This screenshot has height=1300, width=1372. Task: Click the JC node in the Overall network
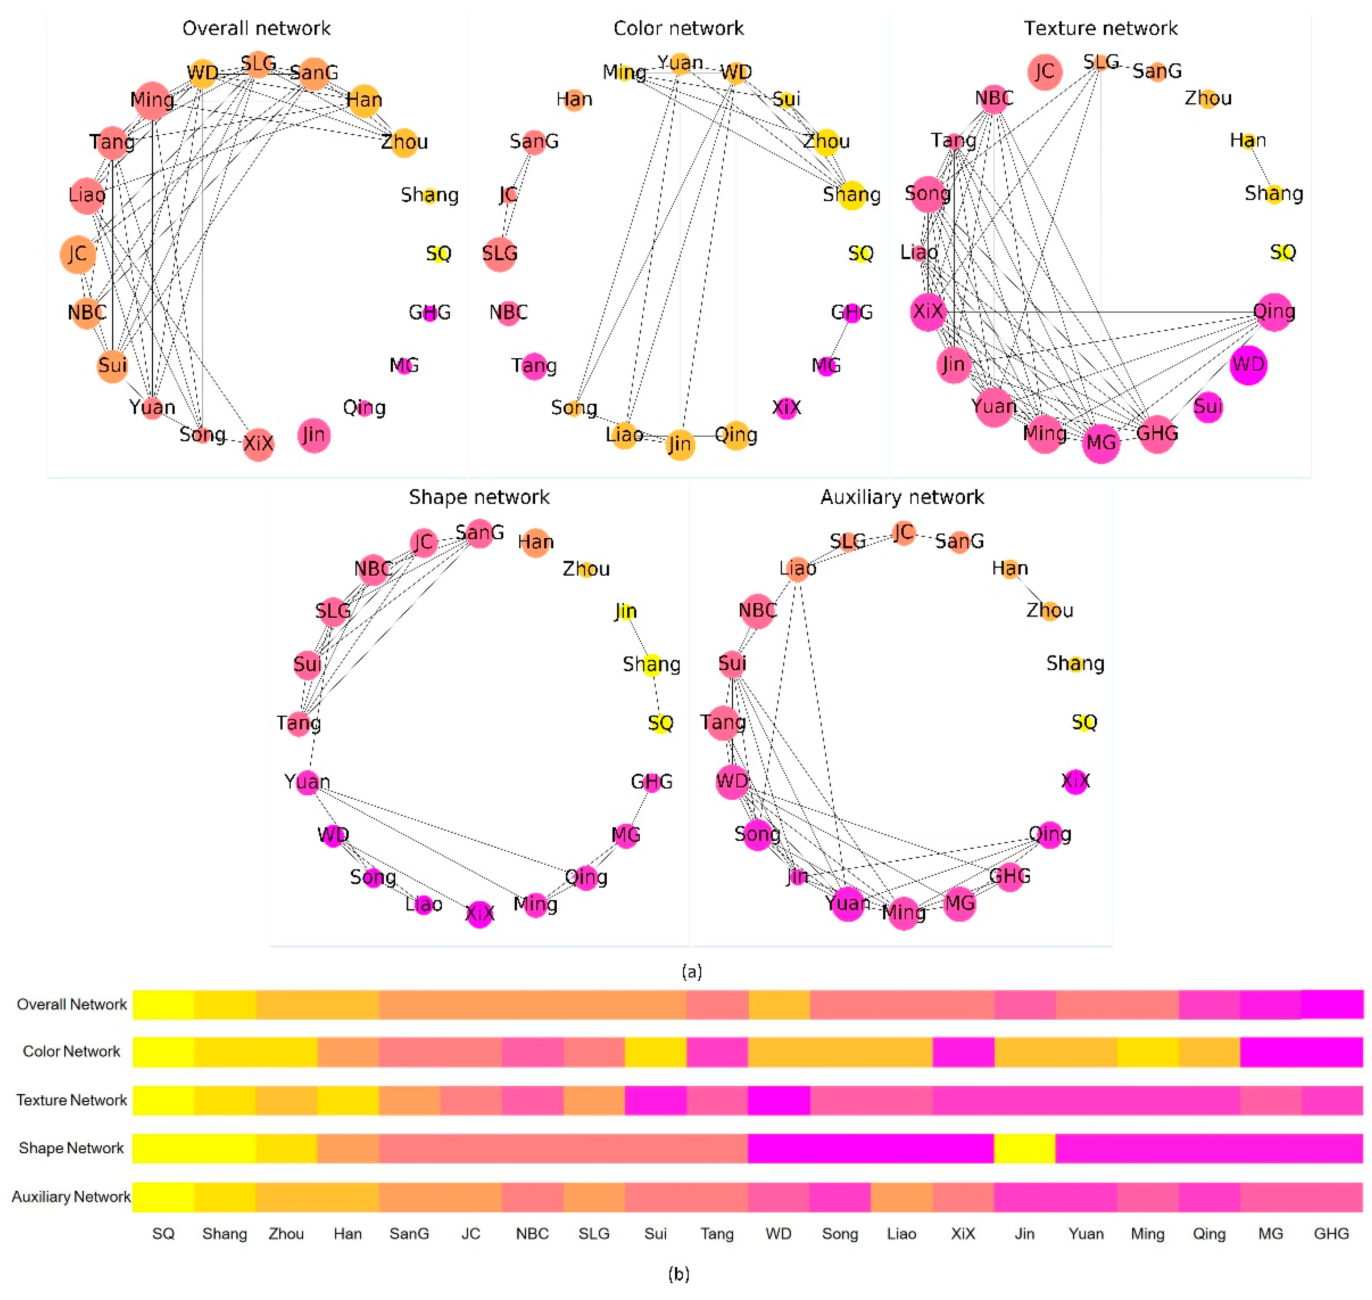(78, 254)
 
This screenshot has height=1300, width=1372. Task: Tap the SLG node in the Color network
(500, 254)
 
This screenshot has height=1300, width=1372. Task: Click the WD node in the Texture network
(1248, 365)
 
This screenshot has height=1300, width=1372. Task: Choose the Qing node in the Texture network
(1274, 312)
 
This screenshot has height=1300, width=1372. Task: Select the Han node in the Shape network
(535, 542)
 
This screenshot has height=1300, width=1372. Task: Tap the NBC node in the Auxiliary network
(757, 611)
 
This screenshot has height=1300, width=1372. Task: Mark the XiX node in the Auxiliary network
(1075, 782)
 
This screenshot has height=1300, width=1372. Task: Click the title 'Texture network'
(1101, 28)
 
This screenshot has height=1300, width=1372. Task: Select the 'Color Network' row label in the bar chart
(71, 1052)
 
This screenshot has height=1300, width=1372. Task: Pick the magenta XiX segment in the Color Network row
(963, 1052)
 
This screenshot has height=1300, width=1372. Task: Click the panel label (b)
(678, 1274)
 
